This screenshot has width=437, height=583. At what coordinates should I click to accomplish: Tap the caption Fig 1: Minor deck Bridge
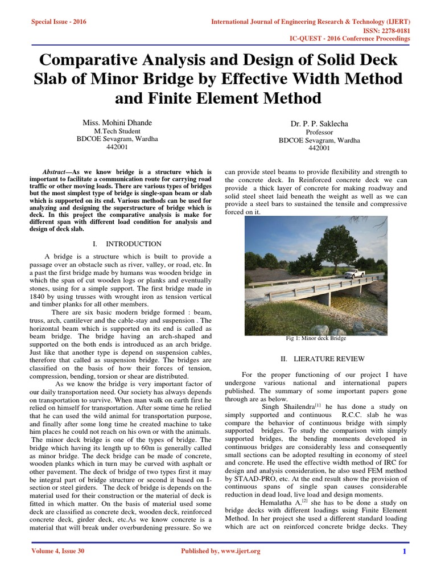316,338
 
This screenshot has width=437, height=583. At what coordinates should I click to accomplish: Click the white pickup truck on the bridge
353,273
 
